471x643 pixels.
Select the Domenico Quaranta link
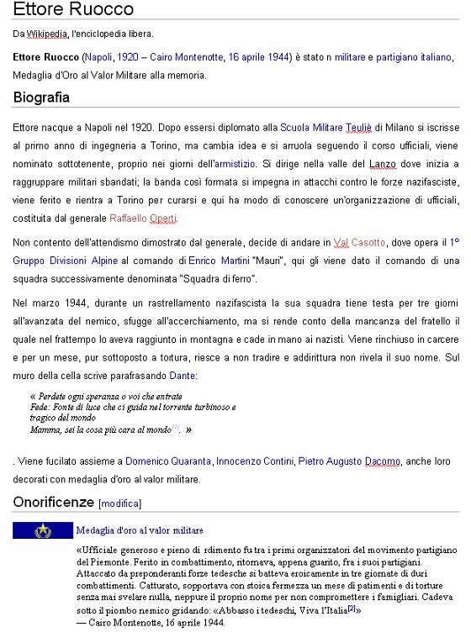(x=168, y=461)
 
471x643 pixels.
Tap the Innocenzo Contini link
(x=255, y=461)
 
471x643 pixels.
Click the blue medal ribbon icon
(x=42, y=530)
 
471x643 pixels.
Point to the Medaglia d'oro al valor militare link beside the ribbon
(x=140, y=530)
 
